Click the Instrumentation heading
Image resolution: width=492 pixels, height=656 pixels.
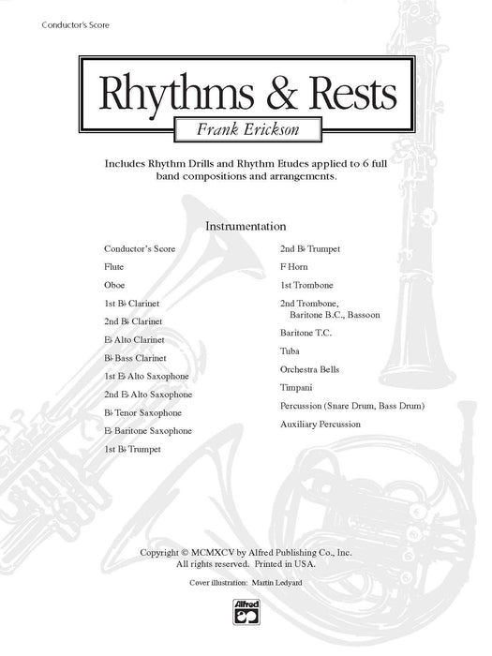pyautogui.click(x=246, y=226)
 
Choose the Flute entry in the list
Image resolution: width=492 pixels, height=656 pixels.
pyautogui.click(x=113, y=267)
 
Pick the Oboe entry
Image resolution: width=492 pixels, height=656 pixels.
pyautogui.click(x=114, y=285)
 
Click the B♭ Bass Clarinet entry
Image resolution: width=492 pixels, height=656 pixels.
pyautogui.click(x=136, y=358)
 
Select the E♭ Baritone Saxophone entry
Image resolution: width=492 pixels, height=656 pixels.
pyautogui.click(x=148, y=431)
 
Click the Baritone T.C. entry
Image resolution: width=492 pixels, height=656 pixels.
pyautogui.click(x=306, y=333)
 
